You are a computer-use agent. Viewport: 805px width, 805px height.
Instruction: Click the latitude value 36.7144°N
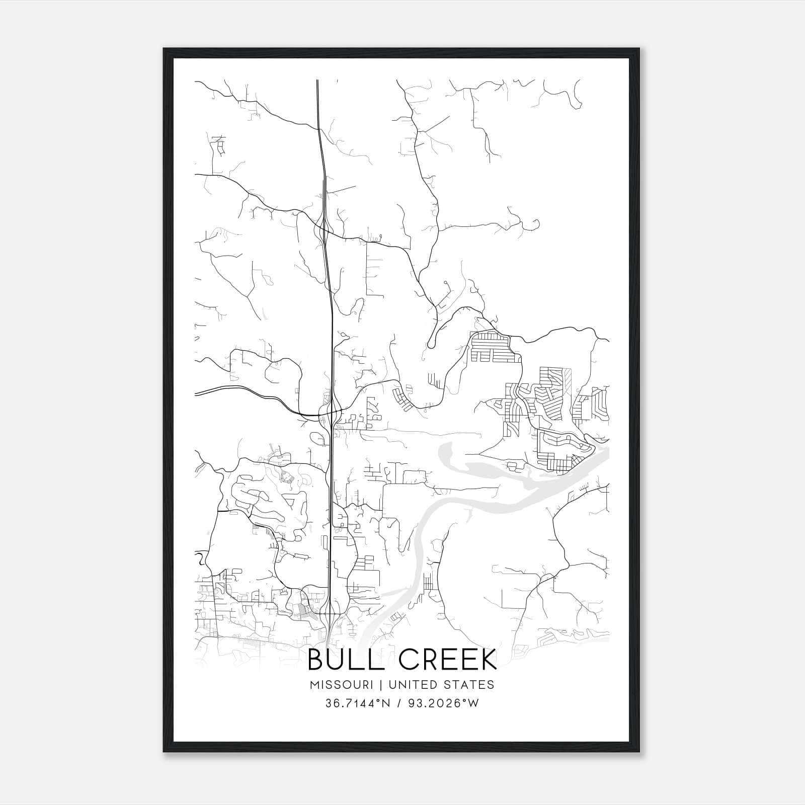(358, 703)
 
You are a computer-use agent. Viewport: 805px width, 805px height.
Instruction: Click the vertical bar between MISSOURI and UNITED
(379, 685)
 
